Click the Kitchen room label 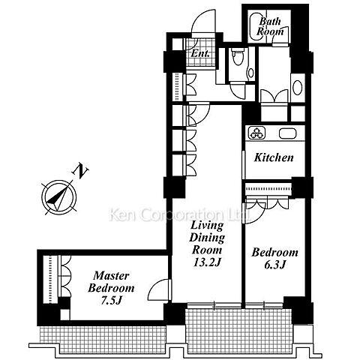coord(274,157)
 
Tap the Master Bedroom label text coord(111,282)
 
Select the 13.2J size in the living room coord(207,262)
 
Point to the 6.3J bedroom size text coord(274,265)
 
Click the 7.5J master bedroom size coord(111,301)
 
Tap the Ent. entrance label coord(200,53)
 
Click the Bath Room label coord(270,26)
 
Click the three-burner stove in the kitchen coord(256,133)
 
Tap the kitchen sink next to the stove coord(288,133)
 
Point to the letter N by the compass coord(80,171)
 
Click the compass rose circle coord(59,197)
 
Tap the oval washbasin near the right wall coord(298,87)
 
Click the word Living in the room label coord(207,225)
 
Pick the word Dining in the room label coord(207,238)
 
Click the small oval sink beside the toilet coord(250,73)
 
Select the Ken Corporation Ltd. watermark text coord(180,215)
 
